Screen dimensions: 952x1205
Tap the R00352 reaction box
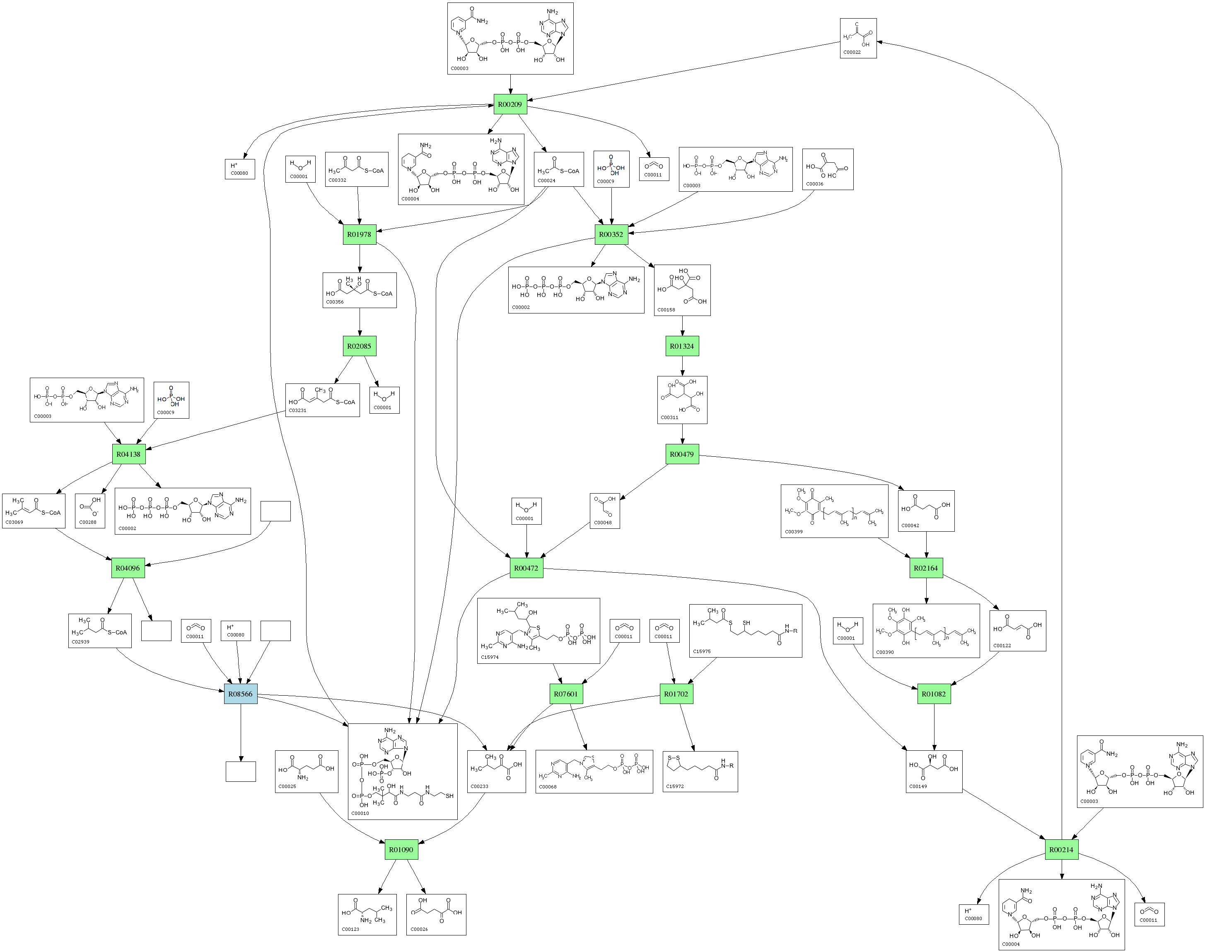coord(611,234)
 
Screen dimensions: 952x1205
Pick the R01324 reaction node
coord(681,346)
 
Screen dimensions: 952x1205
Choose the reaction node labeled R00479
coord(681,454)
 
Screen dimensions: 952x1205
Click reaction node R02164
coord(926,568)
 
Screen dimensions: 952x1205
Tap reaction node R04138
coord(128,454)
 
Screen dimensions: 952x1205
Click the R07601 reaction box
coord(566,694)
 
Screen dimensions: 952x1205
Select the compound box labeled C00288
coord(90,511)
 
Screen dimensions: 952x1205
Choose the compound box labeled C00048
coord(604,511)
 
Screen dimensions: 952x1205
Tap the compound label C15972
coord(675,786)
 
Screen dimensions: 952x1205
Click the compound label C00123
coord(350,929)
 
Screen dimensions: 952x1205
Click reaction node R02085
coord(359,346)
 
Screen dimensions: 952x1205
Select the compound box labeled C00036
coord(828,169)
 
